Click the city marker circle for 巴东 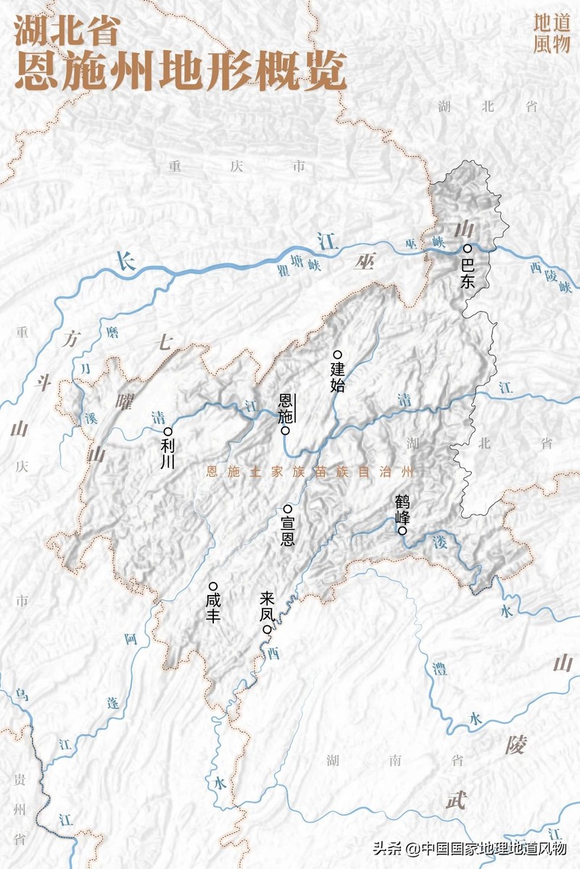(468, 249)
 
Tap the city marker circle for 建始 (336, 354)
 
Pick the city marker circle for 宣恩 (287, 509)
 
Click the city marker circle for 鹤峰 (402, 531)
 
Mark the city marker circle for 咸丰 (212, 586)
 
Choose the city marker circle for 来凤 (267, 630)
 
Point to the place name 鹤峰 (402, 510)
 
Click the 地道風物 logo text (552, 33)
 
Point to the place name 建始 (337, 377)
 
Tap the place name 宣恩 (287, 532)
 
